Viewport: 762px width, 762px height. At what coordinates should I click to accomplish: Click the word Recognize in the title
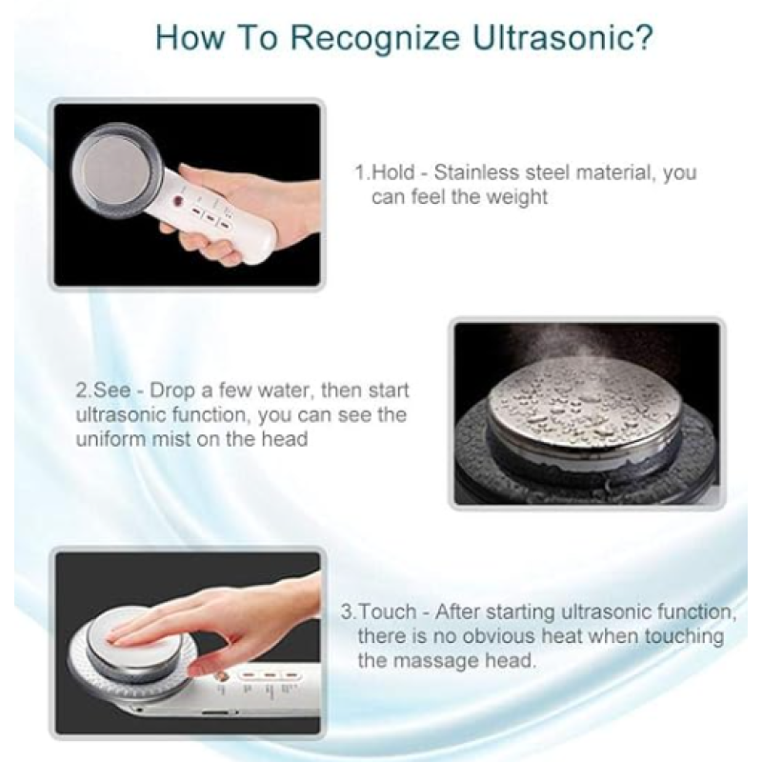[x=374, y=38]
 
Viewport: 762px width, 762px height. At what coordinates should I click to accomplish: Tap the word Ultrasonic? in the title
[x=563, y=37]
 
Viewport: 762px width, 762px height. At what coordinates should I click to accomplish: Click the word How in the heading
[x=189, y=37]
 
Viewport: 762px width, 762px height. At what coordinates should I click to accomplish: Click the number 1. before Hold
[x=362, y=172]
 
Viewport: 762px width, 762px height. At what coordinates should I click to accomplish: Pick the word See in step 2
[x=111, y=391]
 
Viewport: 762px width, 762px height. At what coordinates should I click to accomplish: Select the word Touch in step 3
[x=388, y=612]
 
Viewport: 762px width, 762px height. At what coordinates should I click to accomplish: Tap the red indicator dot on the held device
[x=177, y=200]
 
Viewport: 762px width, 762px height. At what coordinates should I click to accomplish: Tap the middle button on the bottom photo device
[x=270, y=676]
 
